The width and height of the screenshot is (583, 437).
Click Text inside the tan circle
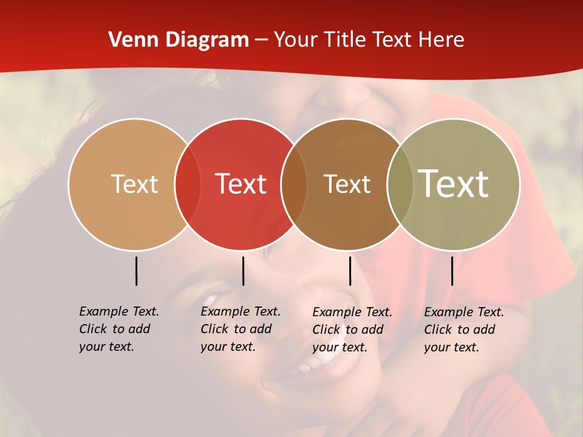point(134,184)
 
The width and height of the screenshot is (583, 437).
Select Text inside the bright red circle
point(240,184)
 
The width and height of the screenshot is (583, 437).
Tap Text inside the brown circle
point(347,184)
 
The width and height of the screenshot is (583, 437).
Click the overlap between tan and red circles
point(188,184)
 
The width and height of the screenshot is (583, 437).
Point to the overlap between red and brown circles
point(294,184)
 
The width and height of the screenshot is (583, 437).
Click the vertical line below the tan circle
point(136,271)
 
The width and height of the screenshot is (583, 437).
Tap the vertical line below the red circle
point(243,271)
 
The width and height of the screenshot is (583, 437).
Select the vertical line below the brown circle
point(350,271)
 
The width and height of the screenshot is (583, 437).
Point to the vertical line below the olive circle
point(452,271)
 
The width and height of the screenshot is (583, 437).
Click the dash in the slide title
point(261,41)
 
